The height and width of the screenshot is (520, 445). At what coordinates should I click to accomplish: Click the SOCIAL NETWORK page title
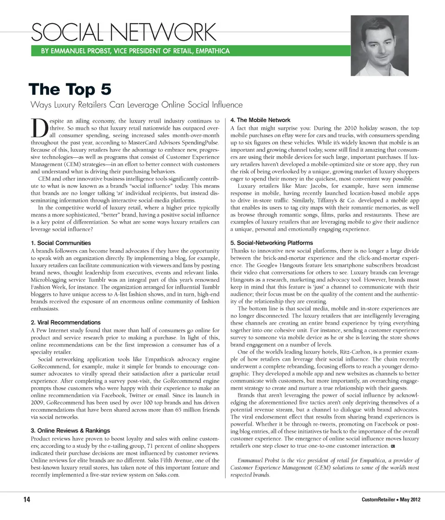[123, 32]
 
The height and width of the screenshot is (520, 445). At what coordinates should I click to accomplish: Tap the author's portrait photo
[379, 45]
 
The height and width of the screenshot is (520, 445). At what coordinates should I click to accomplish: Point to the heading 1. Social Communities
[60, 243]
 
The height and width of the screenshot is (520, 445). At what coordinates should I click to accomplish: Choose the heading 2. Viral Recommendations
[65, 322]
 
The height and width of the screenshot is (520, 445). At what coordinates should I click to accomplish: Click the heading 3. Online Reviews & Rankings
[70, 430]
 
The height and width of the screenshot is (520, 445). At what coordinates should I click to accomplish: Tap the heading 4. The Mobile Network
[260, 120]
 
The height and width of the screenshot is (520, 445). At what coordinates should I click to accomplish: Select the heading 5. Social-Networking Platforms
[271, 243]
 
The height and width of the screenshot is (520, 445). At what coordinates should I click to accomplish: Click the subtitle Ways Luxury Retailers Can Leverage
[136, 105]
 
